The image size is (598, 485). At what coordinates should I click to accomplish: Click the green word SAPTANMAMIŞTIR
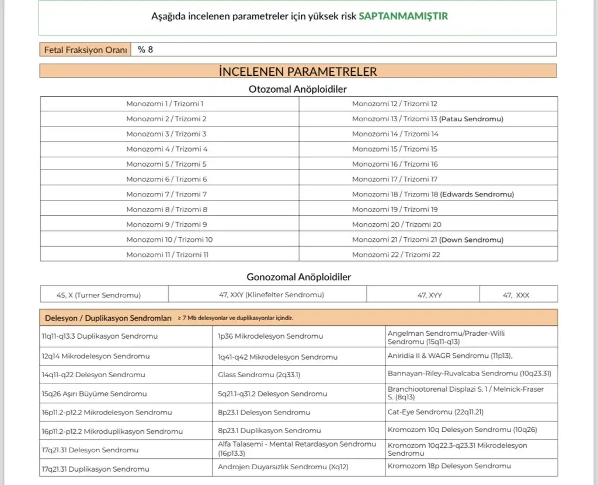click(x=403, y=16)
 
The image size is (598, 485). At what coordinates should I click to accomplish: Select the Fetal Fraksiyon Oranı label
click(x=85, y=50)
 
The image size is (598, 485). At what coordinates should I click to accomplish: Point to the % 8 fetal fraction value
click(x=145, y=50)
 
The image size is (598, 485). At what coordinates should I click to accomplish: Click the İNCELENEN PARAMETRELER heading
click(x=298, y=72)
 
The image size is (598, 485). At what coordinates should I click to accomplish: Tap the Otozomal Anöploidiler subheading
click(x=298, y=89)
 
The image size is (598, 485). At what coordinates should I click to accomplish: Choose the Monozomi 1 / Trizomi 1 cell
click(x=165, y=104)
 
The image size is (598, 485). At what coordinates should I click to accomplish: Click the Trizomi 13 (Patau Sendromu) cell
click(x=427, y=119)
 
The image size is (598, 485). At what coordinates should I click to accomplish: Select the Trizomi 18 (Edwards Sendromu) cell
click(x=433, y=194)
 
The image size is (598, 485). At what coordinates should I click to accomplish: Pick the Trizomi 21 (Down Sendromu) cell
click(x=427, y=240)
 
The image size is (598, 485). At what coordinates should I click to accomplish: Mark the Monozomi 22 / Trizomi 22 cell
click(x=396, y=255)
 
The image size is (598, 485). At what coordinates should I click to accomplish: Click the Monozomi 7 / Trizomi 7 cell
click(x=166, y=194)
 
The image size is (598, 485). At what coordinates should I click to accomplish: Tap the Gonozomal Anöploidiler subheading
click(x=298, y=277)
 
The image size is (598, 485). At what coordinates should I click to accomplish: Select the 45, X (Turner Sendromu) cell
click(x=99, y=295)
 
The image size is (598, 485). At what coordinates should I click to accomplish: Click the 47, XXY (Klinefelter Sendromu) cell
click(x=272, y=295)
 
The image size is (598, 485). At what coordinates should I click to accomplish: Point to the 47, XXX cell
click(x=516, y=296)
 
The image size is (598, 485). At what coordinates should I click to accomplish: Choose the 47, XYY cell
click(x=430, y=296)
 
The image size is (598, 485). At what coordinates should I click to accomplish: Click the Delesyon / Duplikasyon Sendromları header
click(x=108, y=318)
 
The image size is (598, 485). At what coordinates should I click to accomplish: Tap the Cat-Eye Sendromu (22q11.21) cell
click(x=436, y=412)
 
